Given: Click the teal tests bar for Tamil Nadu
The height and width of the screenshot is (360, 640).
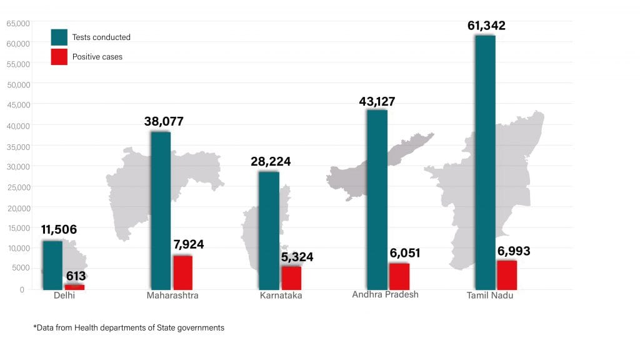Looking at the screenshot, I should pyautogui.click(x=485, y=162).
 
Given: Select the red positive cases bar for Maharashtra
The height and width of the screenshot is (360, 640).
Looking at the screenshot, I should pyautogui.click(x=182, y=272).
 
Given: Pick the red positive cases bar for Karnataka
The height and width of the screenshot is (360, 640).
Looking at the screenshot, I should pyautogui.click(x=291, y=277).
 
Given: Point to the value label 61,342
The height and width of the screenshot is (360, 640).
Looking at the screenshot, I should pyautogui.click(x=486, y=26).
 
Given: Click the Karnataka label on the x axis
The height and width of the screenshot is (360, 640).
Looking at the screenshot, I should pyautogui.click(x=281, y=296).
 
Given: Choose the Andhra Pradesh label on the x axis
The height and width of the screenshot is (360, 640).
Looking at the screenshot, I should pyautogui.click(x=385, y=294).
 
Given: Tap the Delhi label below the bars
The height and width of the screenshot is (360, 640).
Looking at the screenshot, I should pyautogui.click(x=64, y=296).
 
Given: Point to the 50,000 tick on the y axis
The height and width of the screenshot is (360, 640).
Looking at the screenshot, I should pyautogui.click(x=18, y=84).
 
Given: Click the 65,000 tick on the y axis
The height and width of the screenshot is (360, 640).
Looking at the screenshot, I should pyautogui.click(x=18, y=24).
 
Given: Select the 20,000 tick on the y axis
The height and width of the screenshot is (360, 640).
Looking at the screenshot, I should pyautogui.click(x=18, y=207).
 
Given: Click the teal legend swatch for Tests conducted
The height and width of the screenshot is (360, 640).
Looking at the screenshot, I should pyautogui.click(x=59, y=37).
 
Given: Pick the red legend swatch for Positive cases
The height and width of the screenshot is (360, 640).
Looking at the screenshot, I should pyautogui.click(x=59, y=56).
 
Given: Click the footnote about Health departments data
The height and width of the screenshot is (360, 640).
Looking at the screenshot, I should pyautogui.click(x=128, y=327).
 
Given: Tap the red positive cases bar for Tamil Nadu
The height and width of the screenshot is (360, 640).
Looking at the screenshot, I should pyautogui.click(x=507, y=275).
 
